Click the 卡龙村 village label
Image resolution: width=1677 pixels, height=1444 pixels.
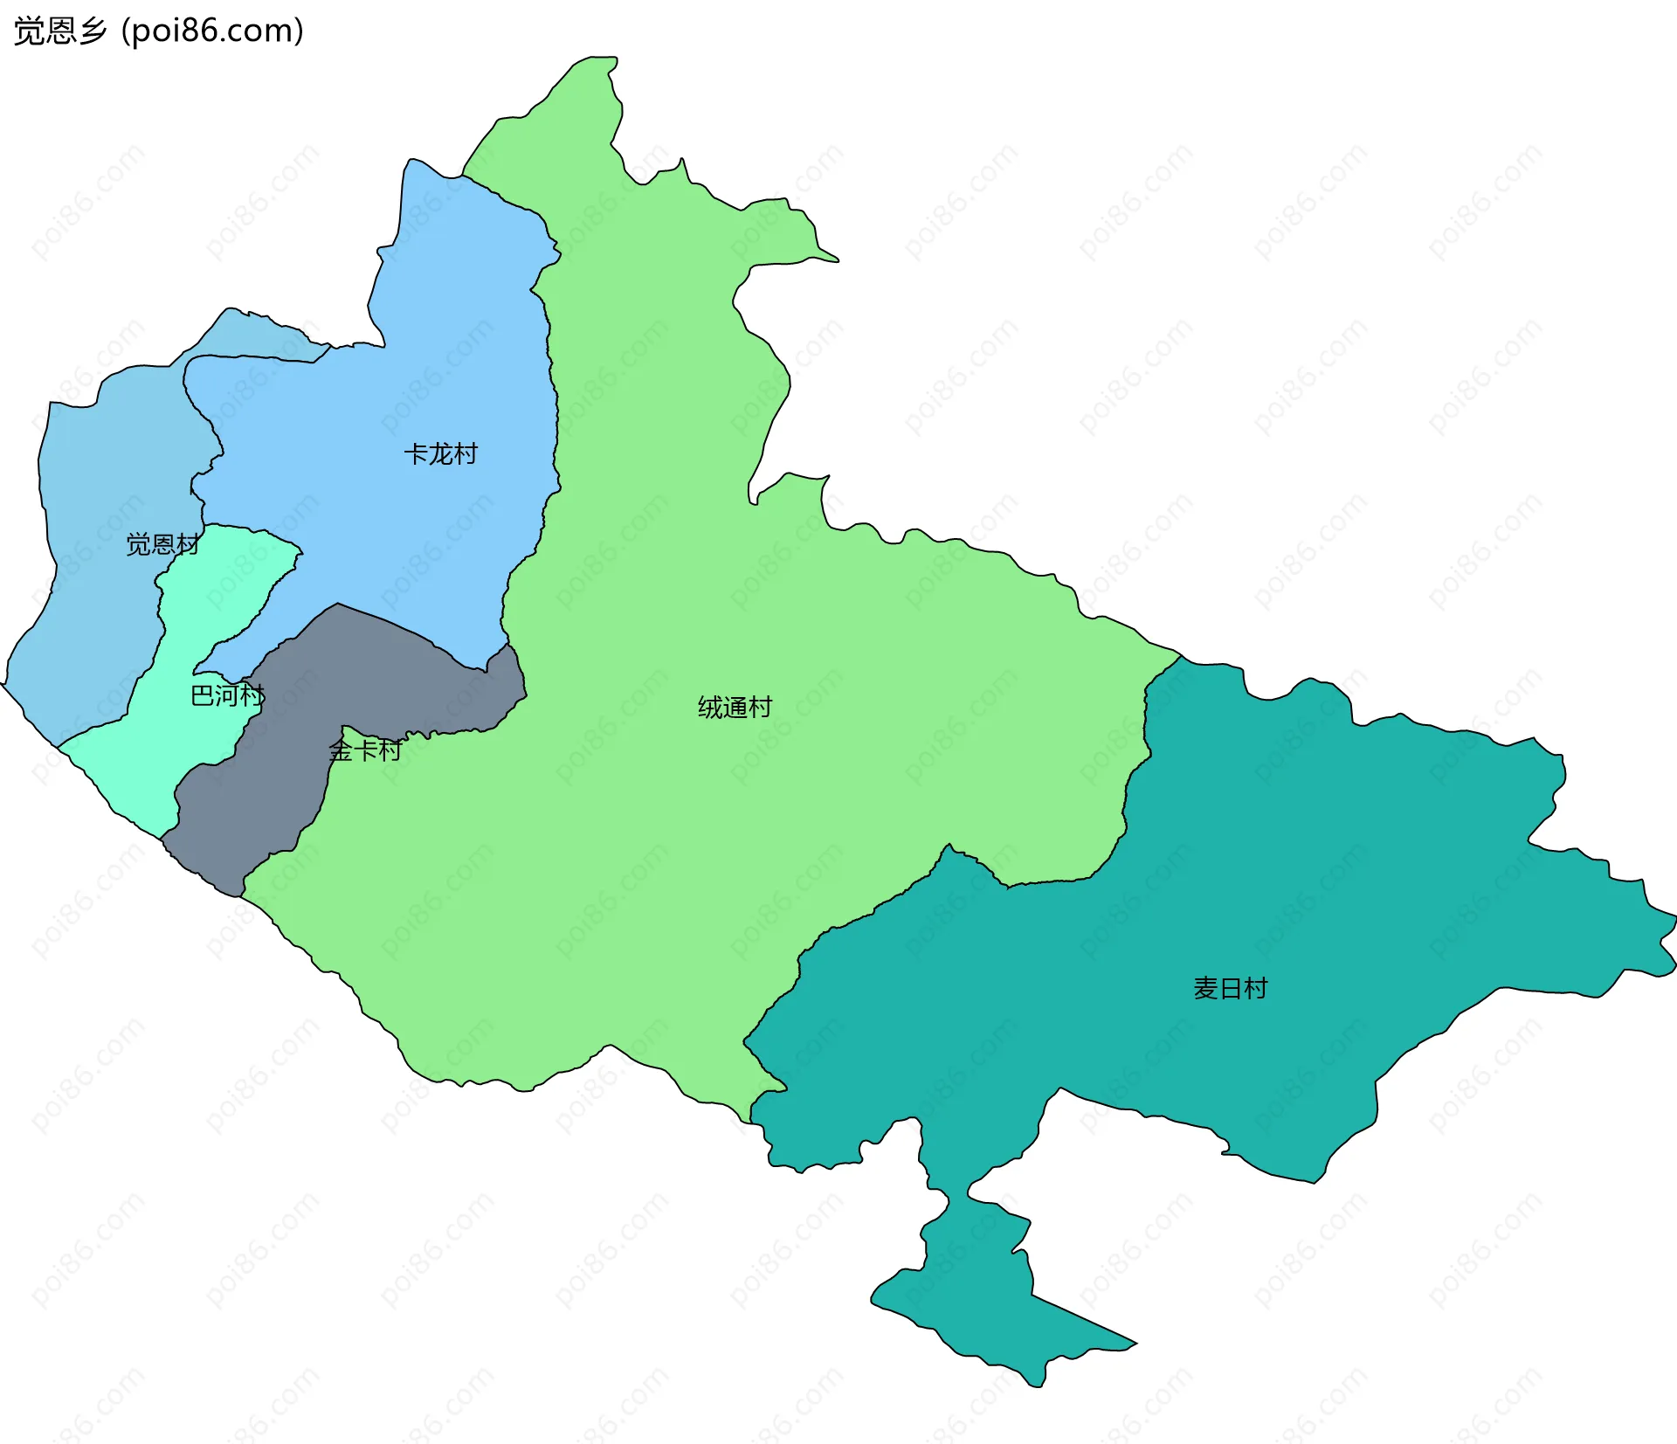click(x=440, y=454)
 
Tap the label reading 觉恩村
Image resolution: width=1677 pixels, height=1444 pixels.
click(x=162, y=545)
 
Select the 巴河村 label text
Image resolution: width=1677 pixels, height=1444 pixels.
click(x=227, y=695)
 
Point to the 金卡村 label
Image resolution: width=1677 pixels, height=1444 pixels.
click(x=365, y=750)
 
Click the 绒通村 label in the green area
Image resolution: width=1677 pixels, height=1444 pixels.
click(x=735, y=708)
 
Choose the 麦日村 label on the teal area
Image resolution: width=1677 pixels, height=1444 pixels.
click(x=1230, y=989)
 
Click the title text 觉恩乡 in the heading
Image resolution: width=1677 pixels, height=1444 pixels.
click(x=59, y=31)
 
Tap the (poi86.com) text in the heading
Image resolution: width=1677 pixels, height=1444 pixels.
click(x=213, y=31)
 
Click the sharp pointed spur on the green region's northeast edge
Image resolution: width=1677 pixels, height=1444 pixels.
click(x=836, y=259)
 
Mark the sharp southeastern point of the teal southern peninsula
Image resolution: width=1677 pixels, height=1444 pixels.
click(x=1135, y=1344)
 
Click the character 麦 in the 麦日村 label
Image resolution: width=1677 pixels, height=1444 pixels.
click(x=1205, y=989)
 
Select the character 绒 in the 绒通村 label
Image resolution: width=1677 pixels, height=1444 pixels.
click(x=710, y=708)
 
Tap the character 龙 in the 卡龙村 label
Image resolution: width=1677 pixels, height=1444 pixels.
click(x=440, y=454)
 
